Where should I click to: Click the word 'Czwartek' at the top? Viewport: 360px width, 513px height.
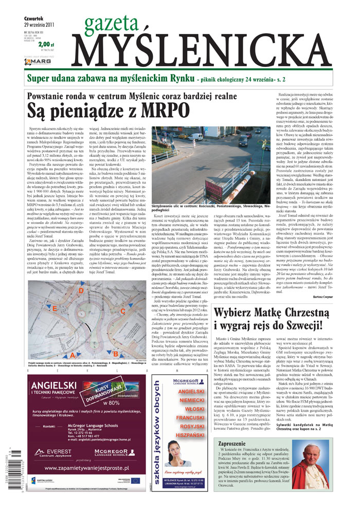pyautogui.click(x=34, y=15)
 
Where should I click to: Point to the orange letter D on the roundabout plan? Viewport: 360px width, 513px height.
pyautogui.click(x=80, y=290)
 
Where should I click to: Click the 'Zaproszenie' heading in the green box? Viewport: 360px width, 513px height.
pyautogui.click(x=235, y=443)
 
